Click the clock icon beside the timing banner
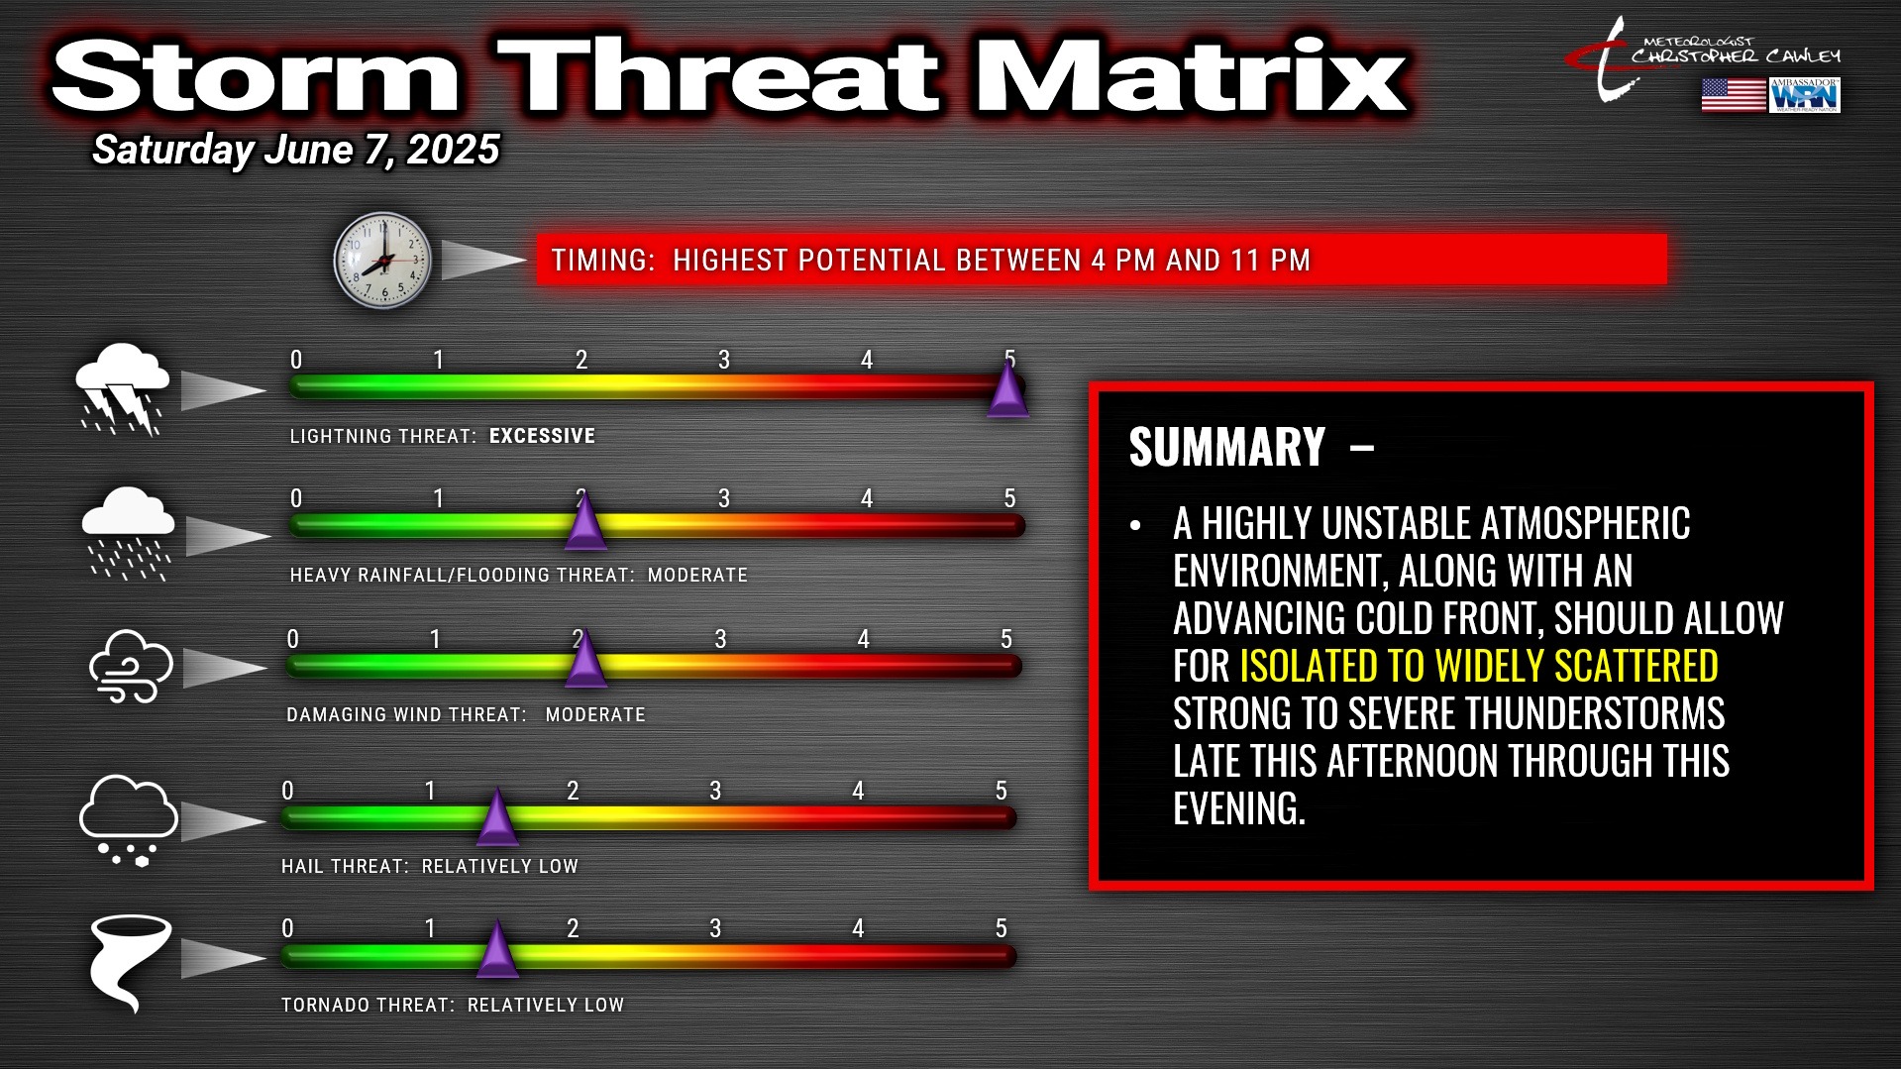(382, 261)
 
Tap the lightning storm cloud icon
(123, 389)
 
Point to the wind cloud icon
(131, 666)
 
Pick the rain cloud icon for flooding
(128, 533)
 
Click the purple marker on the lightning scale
(1008, 389)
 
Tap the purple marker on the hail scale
(497, 817)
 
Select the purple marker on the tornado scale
(497, 950)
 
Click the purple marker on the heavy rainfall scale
(585, 521)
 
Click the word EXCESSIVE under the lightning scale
(542, 436)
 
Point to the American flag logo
(1734, 95)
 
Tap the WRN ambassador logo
(1805, 95)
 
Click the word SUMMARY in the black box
(1226, 447)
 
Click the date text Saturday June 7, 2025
(296, 151)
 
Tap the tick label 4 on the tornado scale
(858, 928)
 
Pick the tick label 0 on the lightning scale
(296, 360)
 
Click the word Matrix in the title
(1193, 76)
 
